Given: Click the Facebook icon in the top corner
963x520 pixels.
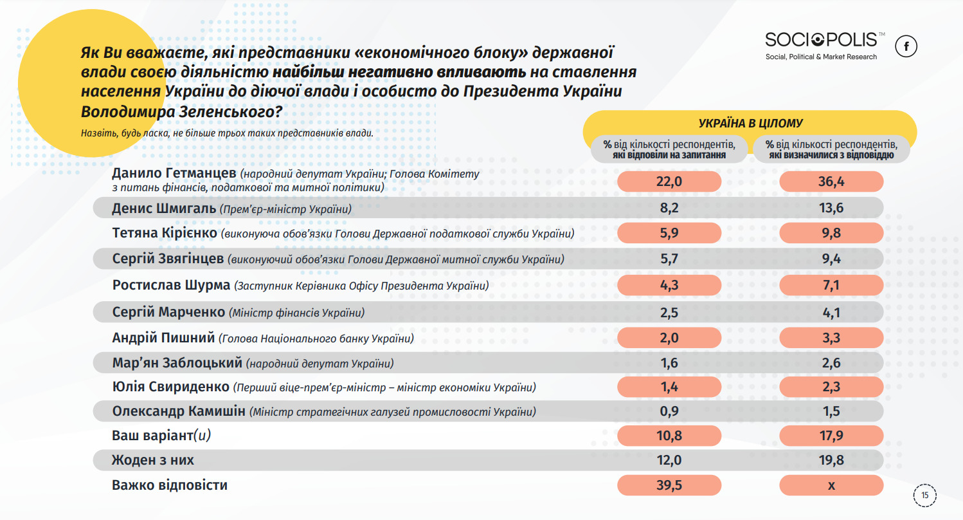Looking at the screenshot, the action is point(906,46).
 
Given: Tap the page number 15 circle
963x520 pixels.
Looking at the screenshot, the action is point(924,496).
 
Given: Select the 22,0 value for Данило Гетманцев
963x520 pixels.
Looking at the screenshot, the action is point(669,181).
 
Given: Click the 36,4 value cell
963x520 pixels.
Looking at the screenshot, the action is point(831,181).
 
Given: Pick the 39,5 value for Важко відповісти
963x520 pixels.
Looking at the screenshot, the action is point(669,485).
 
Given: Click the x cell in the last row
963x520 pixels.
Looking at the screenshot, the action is point(831,485).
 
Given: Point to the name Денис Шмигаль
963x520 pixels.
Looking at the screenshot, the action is point(164,209).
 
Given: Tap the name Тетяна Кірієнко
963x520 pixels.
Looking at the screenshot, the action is point(165,233).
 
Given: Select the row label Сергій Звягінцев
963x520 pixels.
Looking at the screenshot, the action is point(168,259).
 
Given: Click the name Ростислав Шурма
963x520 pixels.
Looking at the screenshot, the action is point(171,285).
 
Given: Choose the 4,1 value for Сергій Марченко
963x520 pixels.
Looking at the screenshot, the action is point(831,313).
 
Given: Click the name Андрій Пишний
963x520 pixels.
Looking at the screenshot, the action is point(163,337).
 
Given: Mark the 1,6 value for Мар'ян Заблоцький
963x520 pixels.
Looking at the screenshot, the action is point(669,363).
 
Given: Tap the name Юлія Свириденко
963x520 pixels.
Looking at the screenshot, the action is point(170,387).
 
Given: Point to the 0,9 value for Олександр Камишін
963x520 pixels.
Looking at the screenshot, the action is point(669,411).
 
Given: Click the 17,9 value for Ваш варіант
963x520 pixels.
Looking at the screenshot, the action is point(831,436).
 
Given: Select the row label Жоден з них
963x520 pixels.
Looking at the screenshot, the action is point(152,460).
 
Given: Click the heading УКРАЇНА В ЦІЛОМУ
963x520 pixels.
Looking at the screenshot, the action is point(750,124).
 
